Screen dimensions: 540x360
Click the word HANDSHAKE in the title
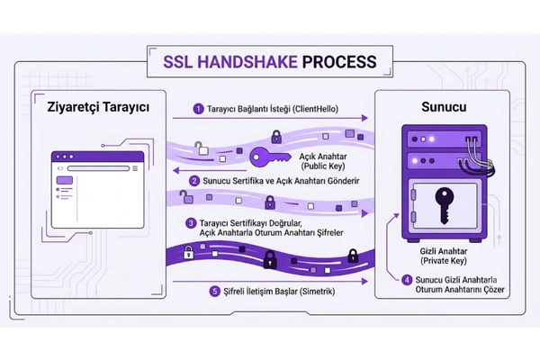(x=248, y=62)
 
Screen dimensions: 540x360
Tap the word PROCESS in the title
(x=339, y=62)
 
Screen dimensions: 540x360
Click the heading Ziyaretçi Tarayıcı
(x=98, y=107)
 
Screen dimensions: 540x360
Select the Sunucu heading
(x=444, y=107)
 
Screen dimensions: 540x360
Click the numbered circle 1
(x=198, y=109)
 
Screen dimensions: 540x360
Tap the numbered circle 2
(x=194, y=181)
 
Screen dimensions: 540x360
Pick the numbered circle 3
(x=191, y=223)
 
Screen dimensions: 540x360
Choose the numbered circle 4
(x=407, y=280)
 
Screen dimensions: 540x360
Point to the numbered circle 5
(x=215, y=292)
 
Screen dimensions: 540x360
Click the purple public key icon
(x=269, y=157)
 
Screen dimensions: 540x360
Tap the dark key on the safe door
(x=445, y=206)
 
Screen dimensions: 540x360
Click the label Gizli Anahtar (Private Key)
(x=444, y=256)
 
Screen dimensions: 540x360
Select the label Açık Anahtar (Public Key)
(x=323, y=161)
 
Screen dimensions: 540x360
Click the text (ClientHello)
(x=315, y=109)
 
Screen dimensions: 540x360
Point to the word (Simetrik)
(x=317, y=292)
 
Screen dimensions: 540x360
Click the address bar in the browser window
(x=98, y=168)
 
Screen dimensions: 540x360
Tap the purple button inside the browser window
(x=65, y=180)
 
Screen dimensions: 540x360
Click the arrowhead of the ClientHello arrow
(x=365, y=118)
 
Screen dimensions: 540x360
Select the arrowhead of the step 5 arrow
(x=365, y=282)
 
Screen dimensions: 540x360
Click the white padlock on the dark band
(x=188, y=253)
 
